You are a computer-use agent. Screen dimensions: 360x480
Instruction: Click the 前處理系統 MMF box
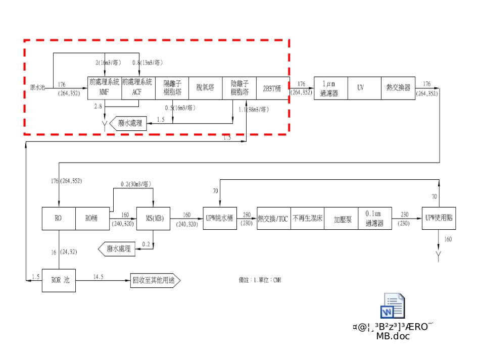click(x=105, y=88)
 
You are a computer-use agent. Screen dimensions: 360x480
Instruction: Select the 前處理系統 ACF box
click(x=138, y=88)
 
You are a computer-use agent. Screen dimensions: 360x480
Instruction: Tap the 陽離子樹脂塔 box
click(x=172, y=88)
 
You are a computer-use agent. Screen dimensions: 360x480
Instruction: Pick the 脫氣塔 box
click(x=206, y=88)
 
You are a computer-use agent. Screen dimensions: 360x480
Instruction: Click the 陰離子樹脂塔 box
click(x=239, y=88)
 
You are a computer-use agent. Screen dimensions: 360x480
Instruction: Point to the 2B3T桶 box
click(x=272, y=88)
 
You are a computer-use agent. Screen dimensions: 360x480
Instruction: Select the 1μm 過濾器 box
click(x=330, y=88)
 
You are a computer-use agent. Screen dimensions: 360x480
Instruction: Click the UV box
click(x=364, y=88)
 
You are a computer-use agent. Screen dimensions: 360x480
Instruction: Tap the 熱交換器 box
click(x=398, y=88)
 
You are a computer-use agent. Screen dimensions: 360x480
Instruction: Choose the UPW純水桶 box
click(x=220, y=219)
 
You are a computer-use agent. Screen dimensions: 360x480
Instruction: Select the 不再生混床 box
click(x=307, y=219)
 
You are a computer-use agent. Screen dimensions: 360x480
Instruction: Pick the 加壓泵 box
click(x=341, y=219)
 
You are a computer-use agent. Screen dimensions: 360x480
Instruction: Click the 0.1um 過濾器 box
click(x=374, y=219)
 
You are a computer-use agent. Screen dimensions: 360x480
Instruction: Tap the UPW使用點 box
click(x=439, y=219)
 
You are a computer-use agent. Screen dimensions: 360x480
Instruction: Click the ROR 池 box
click(x=59, y=280)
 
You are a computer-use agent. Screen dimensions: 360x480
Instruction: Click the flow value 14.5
click(x=99, y=276)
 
